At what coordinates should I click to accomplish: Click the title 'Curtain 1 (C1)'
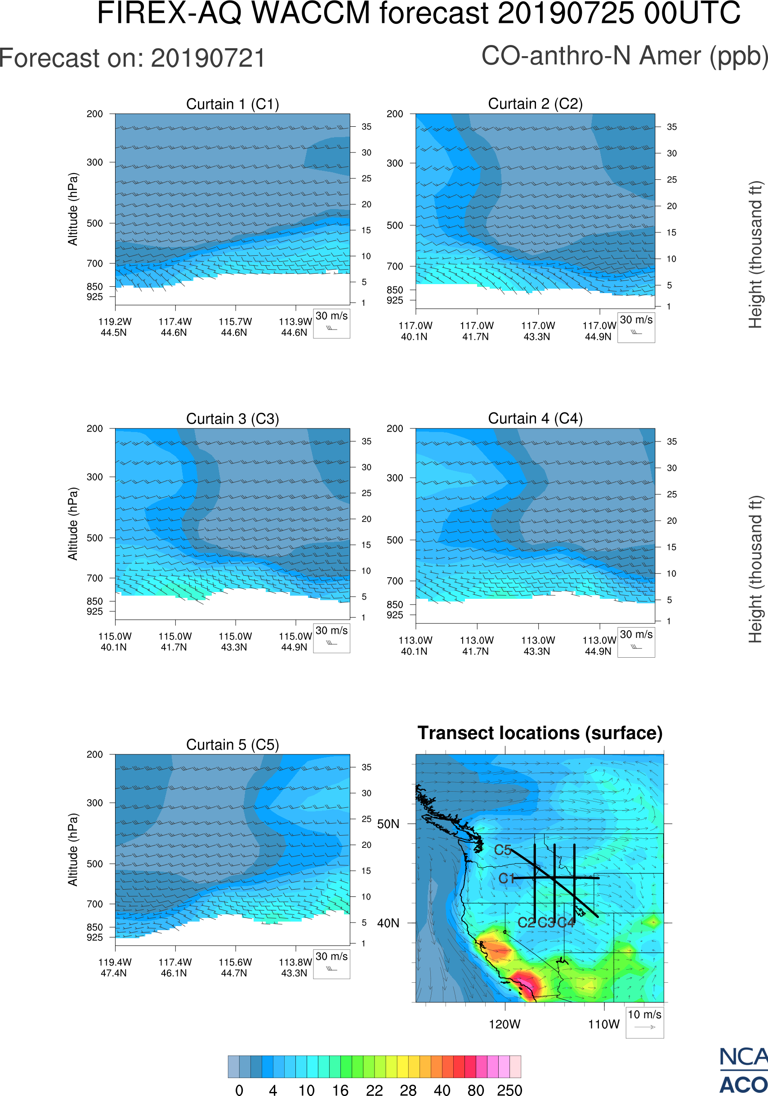click(232, 104)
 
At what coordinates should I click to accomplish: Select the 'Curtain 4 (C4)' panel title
click(535, 419)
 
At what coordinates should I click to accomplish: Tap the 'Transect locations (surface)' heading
click(540, 733)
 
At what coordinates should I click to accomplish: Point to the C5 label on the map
click(503, 850)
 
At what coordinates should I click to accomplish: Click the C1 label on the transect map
click(506, 878)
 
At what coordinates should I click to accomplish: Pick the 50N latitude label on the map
click(388, 824)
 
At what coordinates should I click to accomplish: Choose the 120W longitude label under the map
click(505, 1025)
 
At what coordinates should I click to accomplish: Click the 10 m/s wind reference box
click(644, 1022)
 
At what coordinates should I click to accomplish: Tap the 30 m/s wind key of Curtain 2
click(636, 327)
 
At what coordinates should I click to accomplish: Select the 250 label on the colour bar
click(509, 1090)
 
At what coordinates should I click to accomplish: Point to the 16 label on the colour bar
click(340, 1090)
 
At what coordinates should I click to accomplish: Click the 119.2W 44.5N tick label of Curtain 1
click(115, 327)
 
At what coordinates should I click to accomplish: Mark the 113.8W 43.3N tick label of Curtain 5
click(295, 967)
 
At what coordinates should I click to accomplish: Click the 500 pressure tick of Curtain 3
click(94, 538)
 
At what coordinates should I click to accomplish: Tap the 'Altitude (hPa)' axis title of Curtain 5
click(72, 850)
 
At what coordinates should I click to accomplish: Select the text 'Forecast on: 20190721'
click(132, 58)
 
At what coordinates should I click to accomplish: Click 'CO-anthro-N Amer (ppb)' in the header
click(624, 56)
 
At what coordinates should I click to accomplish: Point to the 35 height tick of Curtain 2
click(672, 127)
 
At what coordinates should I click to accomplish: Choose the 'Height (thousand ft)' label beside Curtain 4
click(755, 570)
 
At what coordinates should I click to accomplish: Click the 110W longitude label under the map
click(603, 1025)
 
